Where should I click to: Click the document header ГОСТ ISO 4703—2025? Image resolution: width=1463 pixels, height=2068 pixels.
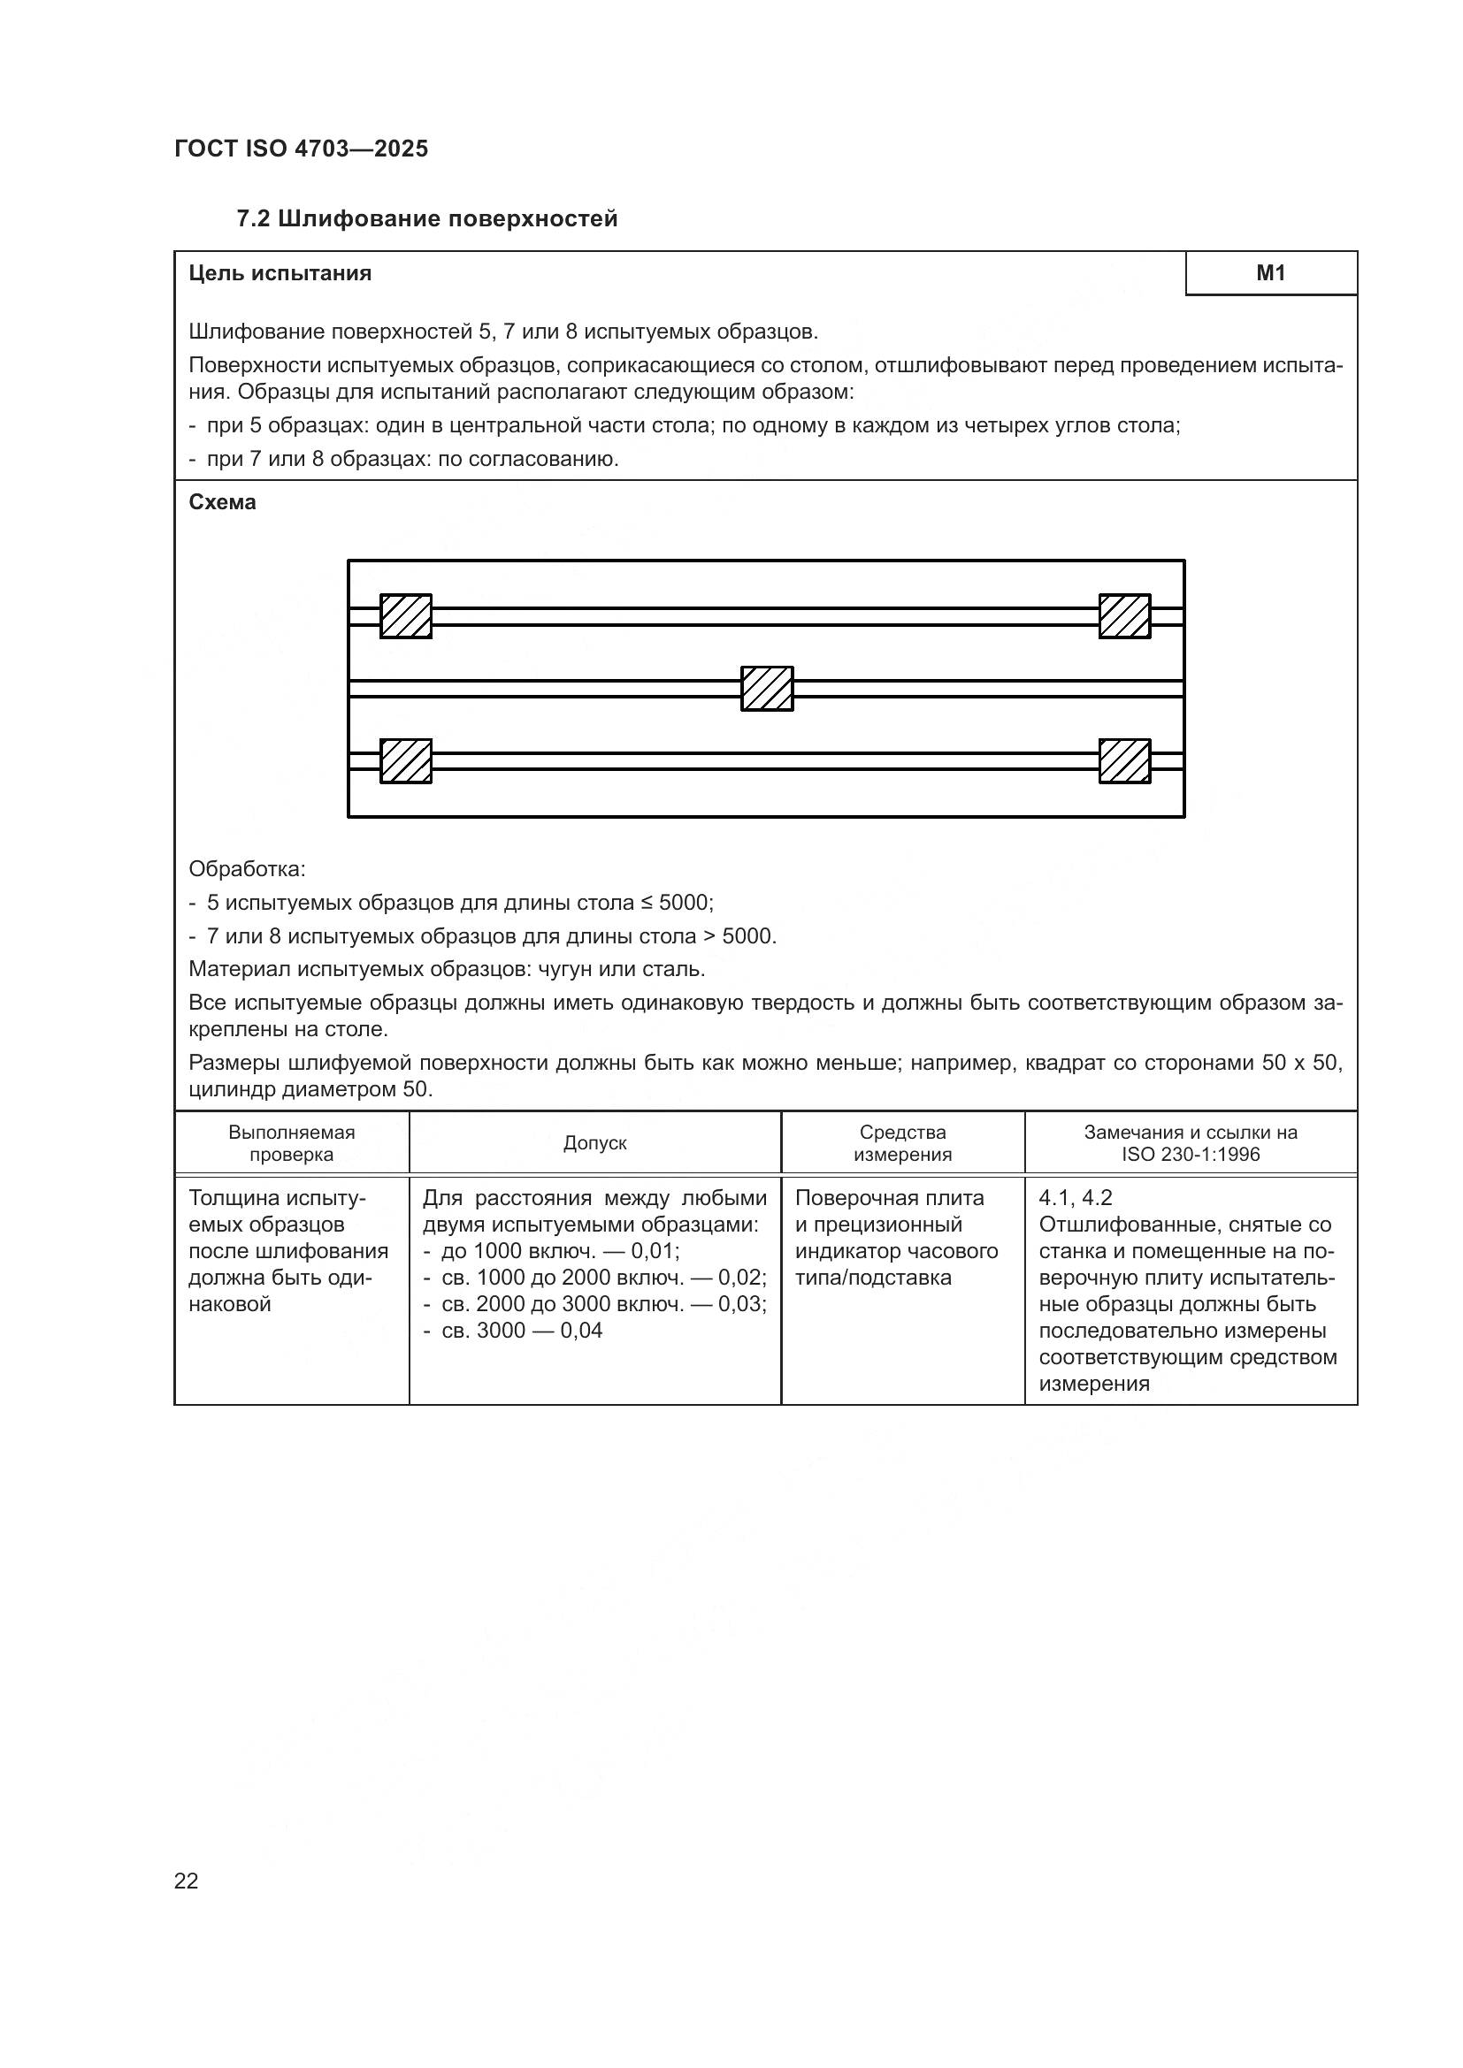(301, 149)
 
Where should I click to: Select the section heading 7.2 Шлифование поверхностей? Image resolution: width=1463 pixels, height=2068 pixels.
(427, 219)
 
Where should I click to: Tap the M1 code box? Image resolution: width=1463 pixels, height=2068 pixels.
(1270, 273)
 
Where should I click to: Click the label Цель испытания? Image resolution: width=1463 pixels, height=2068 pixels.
(280, 273)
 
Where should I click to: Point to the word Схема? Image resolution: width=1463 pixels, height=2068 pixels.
(223, 502)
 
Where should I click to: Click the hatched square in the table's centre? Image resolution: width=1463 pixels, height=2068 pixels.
(767, 688)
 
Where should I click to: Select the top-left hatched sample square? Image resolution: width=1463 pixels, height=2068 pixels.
(405, 616)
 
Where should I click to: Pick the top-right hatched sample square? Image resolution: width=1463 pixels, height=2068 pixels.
(1124, 616)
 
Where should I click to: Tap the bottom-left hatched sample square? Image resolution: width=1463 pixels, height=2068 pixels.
(405, 761)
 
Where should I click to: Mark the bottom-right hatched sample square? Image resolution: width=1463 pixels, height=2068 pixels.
(1124, 761)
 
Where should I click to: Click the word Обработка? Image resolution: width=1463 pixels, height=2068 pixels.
(246, 869)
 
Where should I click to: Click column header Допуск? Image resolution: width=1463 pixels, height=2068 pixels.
(594, 1143)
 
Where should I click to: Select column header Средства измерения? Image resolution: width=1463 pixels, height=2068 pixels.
(903, 1143)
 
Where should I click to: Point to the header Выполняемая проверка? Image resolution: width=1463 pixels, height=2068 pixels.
(291, 1143)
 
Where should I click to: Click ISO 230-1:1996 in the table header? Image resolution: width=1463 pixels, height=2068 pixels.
(1190, 1155)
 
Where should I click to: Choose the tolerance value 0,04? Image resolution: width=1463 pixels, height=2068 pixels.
(581, 1331)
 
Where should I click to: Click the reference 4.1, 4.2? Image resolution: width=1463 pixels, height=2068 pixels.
(1075, 1198)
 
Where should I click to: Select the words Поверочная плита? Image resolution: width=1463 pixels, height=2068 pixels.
(889, 1198)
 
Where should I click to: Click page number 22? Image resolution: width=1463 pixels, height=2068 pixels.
(187, 1881)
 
